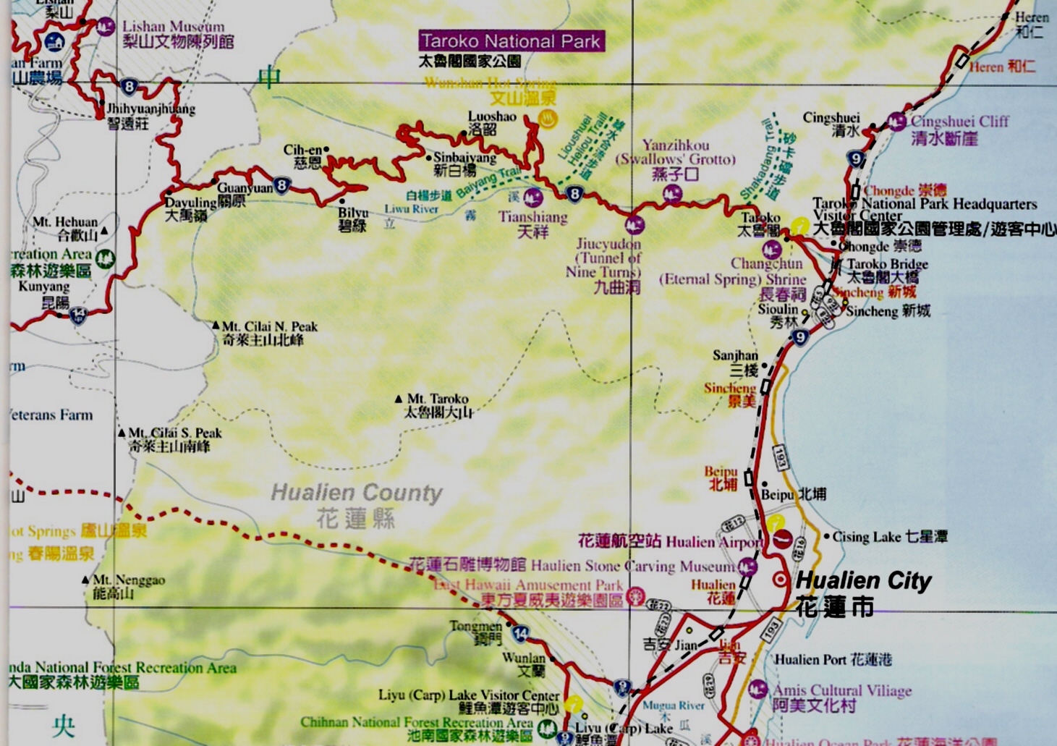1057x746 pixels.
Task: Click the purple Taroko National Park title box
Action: coord(511,41)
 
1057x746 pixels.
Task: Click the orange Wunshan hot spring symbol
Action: coord(549,119)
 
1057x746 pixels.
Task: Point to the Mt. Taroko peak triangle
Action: coord(398,399)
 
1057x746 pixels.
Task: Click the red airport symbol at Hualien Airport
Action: coord(782,540)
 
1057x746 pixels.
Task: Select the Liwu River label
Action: coord(411,209)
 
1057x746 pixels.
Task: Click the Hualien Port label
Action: coord(833,659)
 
